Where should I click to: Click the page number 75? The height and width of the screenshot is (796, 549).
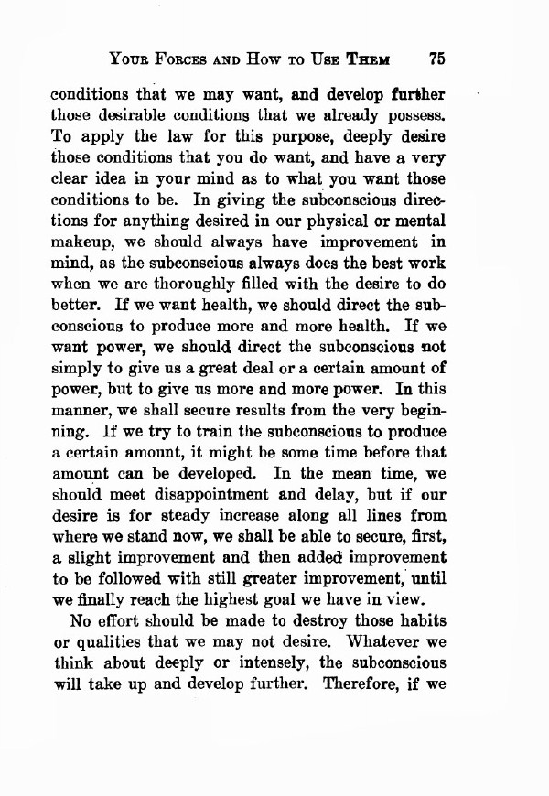(434, 59)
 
